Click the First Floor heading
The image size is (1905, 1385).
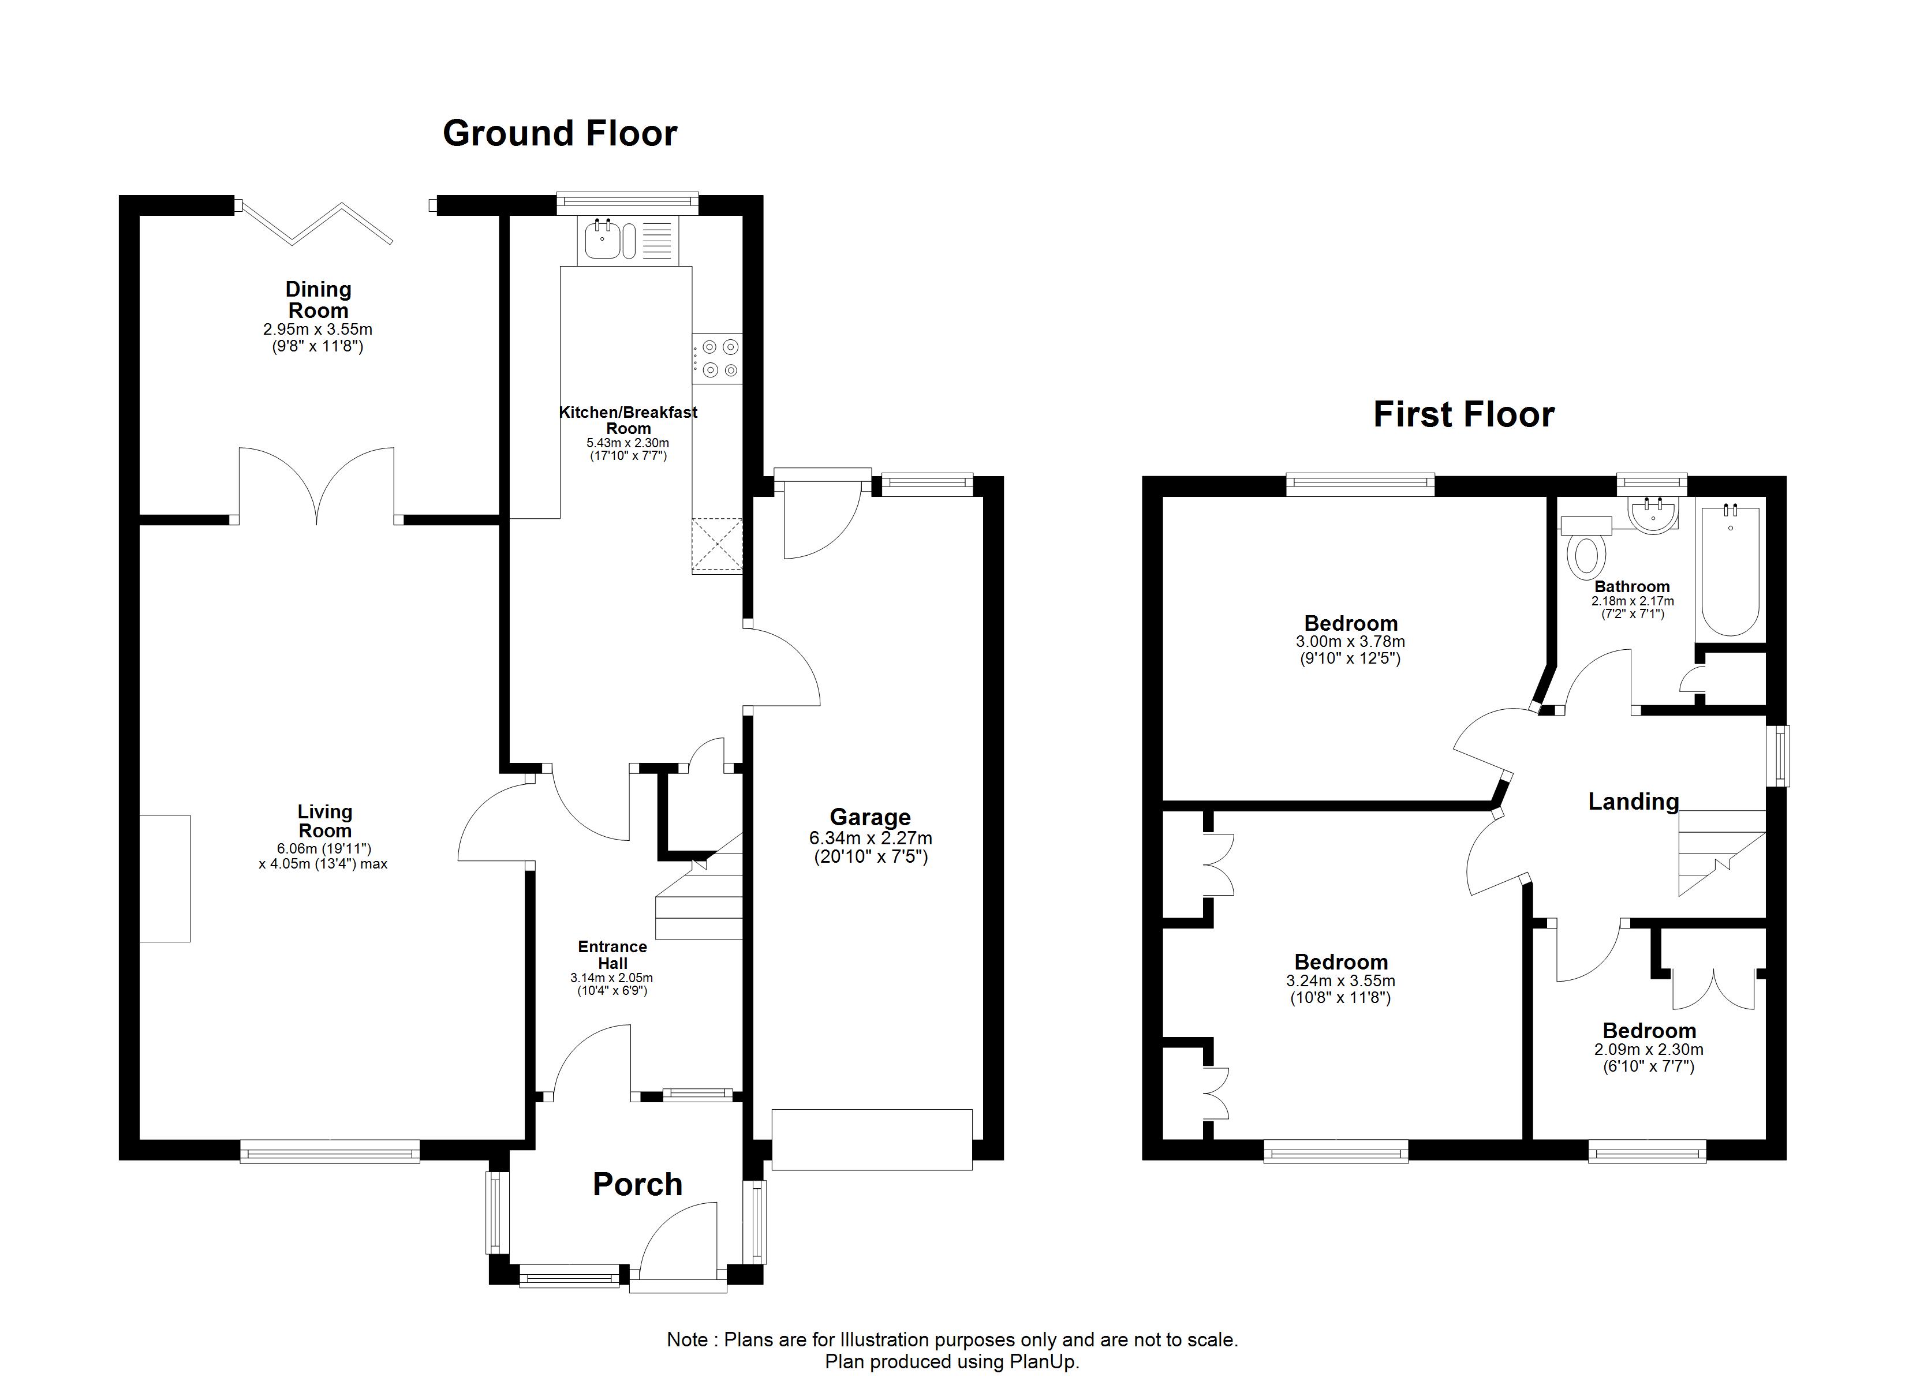pyautogui.click(x=1463, y=415)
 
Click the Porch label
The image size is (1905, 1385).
pyautogui.click(x=637, y=1184)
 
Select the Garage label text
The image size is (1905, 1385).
pyautogui.click(x=870, y=817)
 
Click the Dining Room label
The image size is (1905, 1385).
pyautogui.click(x=318, y=300)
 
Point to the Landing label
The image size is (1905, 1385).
pyautogui.click(x=1634, y=802)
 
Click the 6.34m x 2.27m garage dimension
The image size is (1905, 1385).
pyautogui.click(x=870, y=839)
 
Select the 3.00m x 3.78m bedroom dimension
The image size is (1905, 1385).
pyautogui.click(x=1351, y=642)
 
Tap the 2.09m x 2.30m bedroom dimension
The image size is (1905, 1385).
pyautogui.click(x=1649, y=1050)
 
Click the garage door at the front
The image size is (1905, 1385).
pyautogui.click(x=872, y=1140)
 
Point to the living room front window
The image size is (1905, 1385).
pyautogui.click(x=330, y=1151)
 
